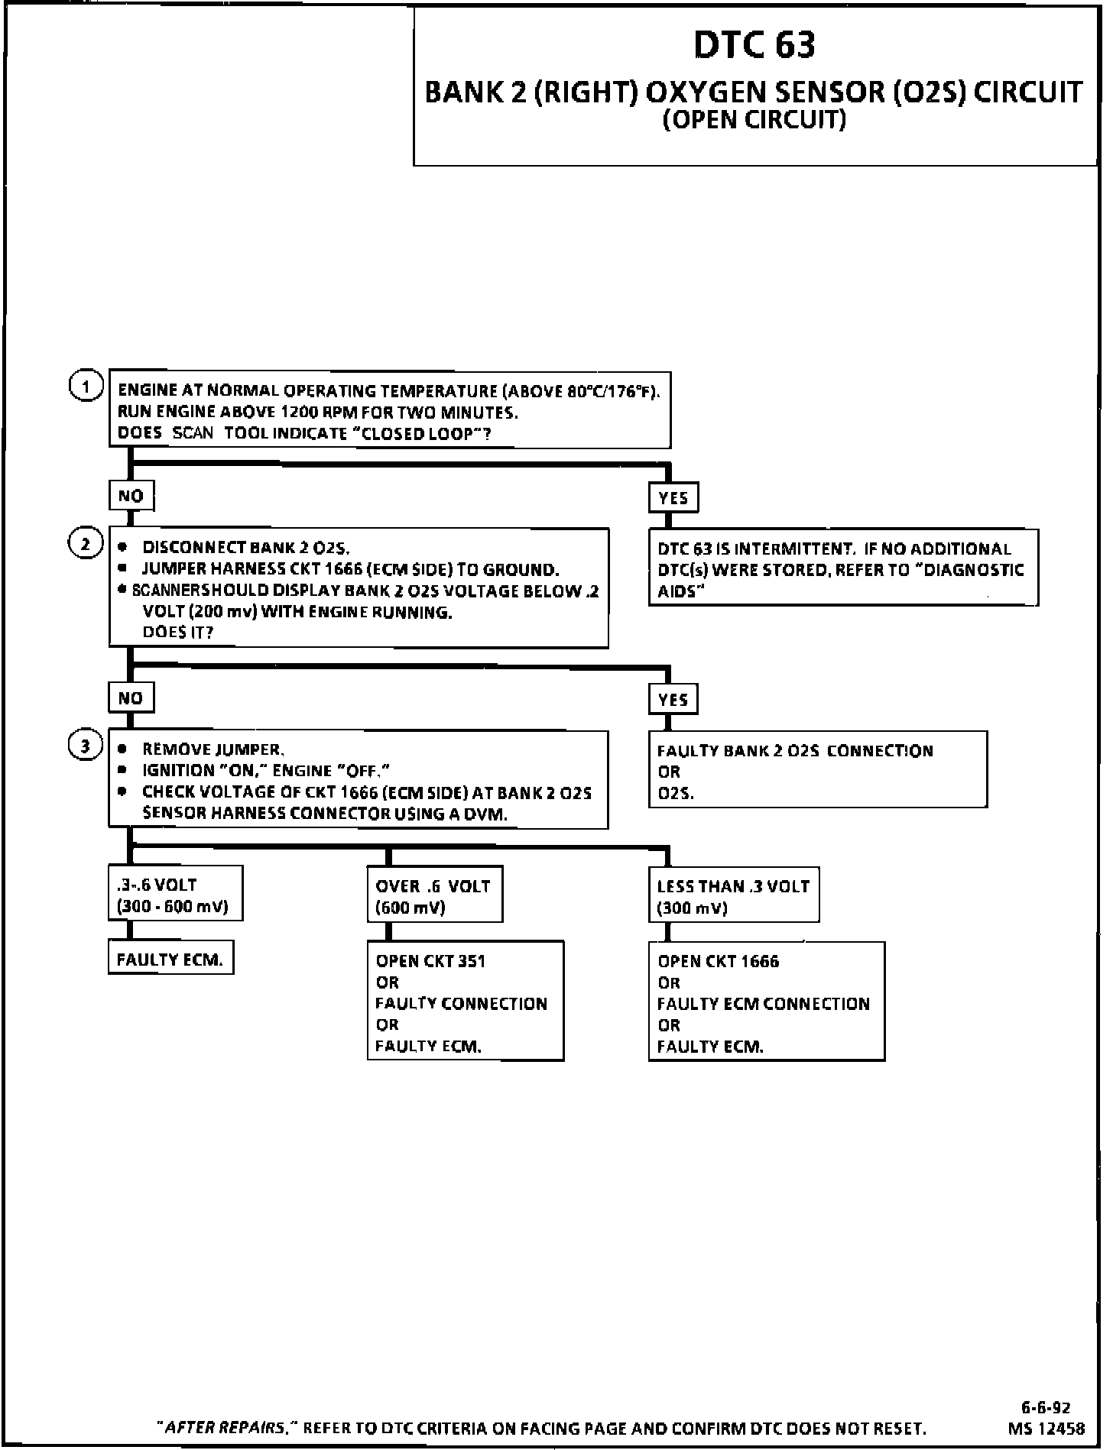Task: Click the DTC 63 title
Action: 754,45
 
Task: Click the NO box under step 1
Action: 131,496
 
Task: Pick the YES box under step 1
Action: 673,498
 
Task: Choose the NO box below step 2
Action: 131,697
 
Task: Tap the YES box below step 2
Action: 673,699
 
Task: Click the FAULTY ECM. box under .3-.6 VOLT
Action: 170,959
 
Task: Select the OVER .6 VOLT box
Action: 434,895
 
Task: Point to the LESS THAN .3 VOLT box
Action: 733,895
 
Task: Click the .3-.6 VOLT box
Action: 174,895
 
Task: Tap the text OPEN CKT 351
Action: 430,961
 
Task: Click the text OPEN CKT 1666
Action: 718,961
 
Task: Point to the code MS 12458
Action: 1046,1428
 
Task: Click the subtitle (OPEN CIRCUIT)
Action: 754,121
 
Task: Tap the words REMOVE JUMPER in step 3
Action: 213,749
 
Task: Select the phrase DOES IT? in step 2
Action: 177,633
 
